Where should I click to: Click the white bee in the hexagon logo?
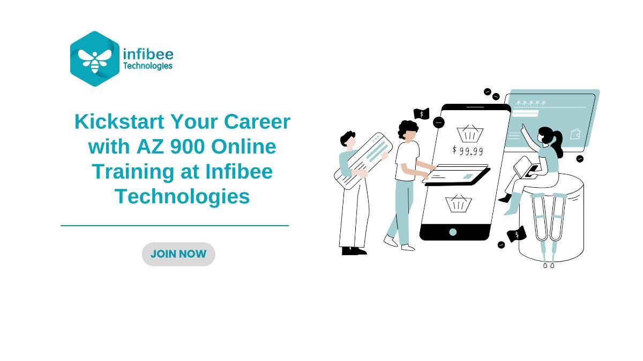(95, 60)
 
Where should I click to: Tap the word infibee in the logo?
(148, 54)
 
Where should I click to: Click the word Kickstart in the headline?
(119, 122)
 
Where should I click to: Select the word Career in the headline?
(257, 122)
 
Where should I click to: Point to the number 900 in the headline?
(188, 147)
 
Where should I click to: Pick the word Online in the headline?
(243, 147)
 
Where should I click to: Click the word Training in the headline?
(133, 172)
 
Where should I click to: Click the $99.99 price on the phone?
(468, 150)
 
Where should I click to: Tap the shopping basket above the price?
(470, 134)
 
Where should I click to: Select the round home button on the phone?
(453, 232)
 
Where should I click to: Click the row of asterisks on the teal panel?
(530, 103)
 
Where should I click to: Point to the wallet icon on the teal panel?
(575, 134)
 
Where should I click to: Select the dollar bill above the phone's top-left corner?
(421, 114)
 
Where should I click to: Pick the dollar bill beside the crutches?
(517, 234)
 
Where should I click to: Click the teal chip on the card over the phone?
(468, 176)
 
